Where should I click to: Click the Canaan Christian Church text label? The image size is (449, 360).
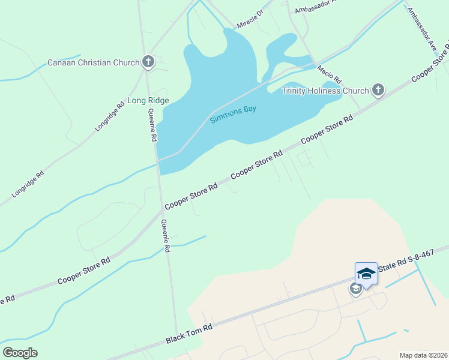[x=93, y=62]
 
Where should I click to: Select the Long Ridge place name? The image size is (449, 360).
[x=148, y=100]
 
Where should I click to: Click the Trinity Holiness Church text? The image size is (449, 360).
[x=326, y=91]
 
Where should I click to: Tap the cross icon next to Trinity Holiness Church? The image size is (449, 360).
[x=378, y=91]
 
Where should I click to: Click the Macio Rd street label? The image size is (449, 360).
[x=329, y=74]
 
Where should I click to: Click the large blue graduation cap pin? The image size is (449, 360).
[x=366, y=274]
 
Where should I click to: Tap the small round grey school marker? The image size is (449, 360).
[x=355, y=289]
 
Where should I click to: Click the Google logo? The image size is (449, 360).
[x=20, y=353]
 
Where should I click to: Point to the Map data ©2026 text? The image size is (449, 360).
[x=423, y=355]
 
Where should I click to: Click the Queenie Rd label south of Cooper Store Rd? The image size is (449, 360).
[x=166, y=236]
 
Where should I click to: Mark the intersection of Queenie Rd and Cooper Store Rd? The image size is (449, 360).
[x=161, y=209]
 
